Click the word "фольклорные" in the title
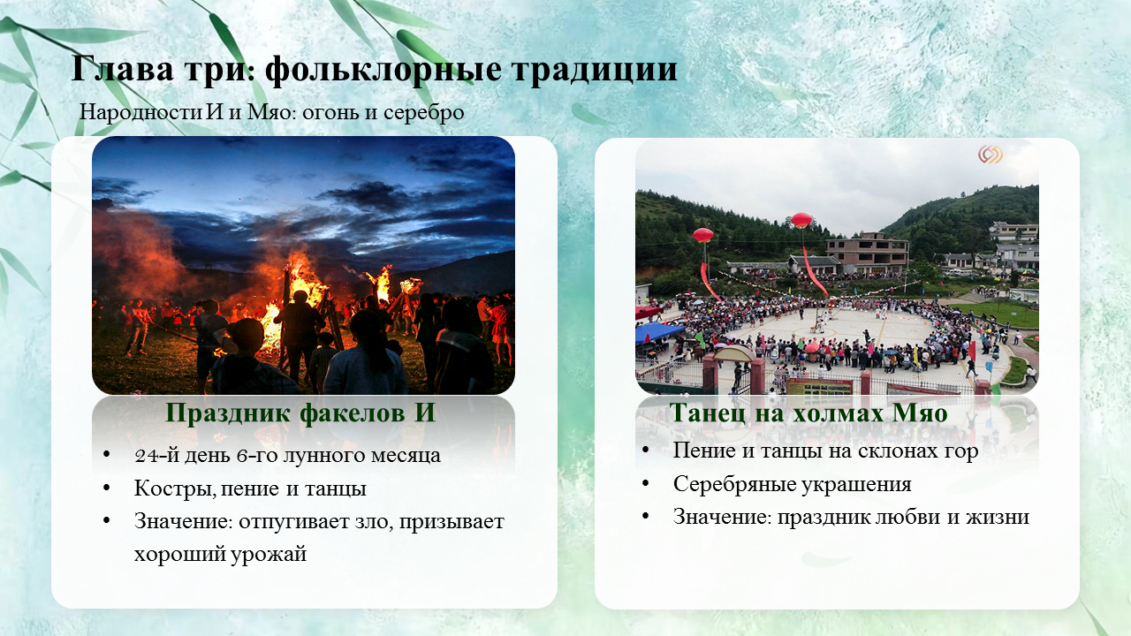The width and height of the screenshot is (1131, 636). pos(383,71)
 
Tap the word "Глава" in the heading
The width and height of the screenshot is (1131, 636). pos(122,68)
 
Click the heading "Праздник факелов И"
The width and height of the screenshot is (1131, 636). pos(300,413)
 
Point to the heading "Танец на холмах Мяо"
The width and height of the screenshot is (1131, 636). pos(808,413)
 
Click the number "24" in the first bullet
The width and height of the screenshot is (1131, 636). pos(146,456)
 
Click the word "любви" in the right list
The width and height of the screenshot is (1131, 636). pos(906,517)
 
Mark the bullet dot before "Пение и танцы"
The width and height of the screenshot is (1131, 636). pos(645,450)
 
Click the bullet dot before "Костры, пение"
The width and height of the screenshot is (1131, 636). pos(107,488)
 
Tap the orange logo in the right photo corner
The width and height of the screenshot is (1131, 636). pos(991,155)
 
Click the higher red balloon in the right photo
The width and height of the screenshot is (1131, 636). pos(801,220)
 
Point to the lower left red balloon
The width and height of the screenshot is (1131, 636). pos(702,235)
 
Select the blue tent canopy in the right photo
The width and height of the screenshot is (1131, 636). pos(656,331)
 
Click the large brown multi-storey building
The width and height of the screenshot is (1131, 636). pos(867,253)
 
